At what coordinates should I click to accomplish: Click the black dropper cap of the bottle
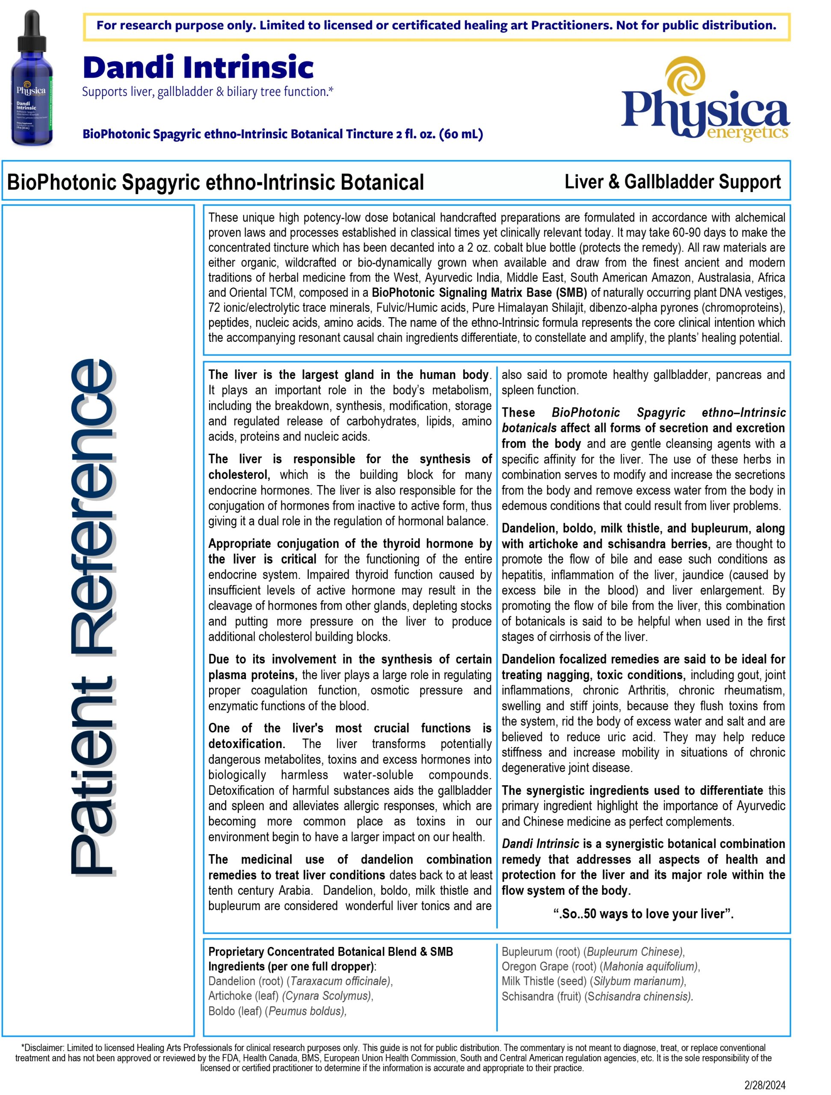click(x=32, y=30)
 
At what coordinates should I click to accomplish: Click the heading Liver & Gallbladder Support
click(x=672, y=182)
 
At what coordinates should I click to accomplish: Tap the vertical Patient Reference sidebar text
click(x=92, y=616)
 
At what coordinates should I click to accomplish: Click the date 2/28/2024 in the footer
click(x=765, y=1085)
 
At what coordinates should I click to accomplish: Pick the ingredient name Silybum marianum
click(x=639, y=981)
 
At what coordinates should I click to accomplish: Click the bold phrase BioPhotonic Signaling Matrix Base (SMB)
click(x=479, y=293)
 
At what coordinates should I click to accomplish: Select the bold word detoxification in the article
click(x=246, y=743)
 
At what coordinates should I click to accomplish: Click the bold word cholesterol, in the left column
click(x=239, y=475)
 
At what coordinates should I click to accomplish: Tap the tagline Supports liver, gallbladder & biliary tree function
click(x=207, y=92)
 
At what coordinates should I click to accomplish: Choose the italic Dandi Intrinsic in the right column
click(x=540, y=843)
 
